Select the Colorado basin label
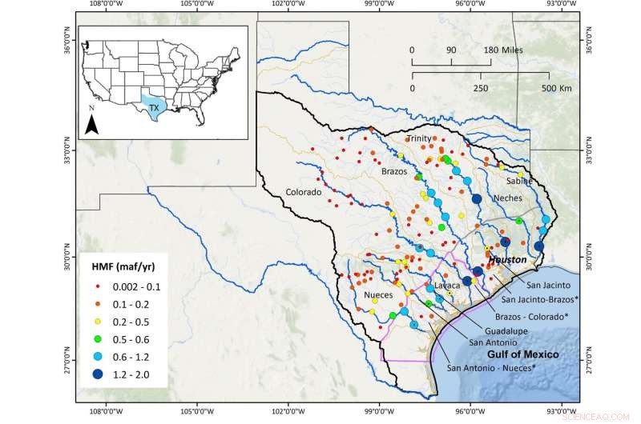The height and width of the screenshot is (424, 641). (x=304, y=193)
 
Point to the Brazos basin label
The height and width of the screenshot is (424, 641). (x=393, y=171)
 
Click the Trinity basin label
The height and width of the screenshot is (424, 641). (x=418, y=138)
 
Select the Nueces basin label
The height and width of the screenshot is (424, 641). (x=359, y=294)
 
